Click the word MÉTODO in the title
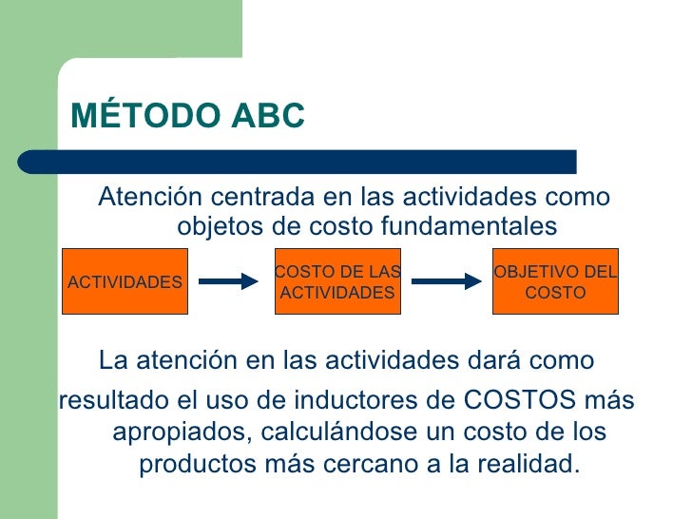144,115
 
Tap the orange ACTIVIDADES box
125,281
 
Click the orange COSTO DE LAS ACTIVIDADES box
337,281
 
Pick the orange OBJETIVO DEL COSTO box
555,281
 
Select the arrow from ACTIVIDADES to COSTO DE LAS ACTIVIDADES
229,281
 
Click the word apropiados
177,432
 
